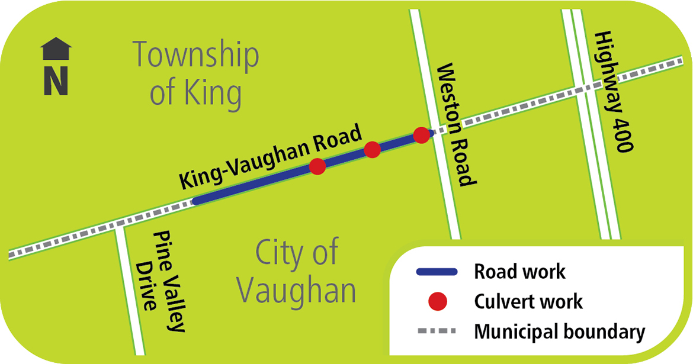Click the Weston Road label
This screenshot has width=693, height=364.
pos(456,125)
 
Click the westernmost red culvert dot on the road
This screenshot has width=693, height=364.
pos(317,167)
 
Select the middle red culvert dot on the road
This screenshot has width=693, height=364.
pos(372,150)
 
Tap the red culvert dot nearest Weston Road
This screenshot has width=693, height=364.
pos(421,135)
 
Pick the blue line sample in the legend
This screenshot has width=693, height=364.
pos(437,272)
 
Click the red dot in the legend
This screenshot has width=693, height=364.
pos(437,302)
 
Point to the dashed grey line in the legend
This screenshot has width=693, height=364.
pos(437,331)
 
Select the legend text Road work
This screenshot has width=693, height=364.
pos(519,272)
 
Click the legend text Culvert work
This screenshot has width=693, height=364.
pos(528,302)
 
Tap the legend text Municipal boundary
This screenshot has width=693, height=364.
pos(559,331)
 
